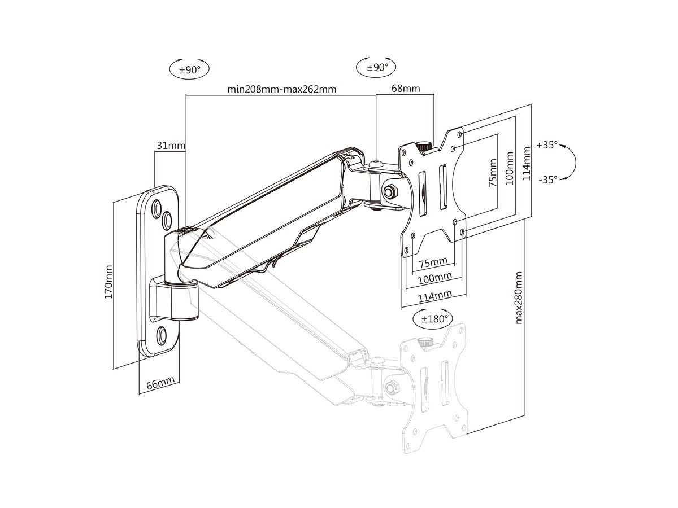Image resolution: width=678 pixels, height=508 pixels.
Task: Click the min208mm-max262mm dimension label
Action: [x=282, y=89]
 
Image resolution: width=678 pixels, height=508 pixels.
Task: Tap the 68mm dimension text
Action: [x=405, y=89]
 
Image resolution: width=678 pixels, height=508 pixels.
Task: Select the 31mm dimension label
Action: [x=170, y=146]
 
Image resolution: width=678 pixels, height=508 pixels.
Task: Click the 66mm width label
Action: [x=160, y=384]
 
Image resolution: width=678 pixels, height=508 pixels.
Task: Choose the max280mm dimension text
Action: [x=519, y=297]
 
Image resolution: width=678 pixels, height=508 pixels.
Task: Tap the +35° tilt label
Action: [x=547, y=144]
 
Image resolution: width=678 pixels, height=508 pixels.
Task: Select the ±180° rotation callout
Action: [x=434, y=318]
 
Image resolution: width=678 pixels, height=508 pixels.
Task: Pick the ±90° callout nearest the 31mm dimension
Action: [x=190, y=70]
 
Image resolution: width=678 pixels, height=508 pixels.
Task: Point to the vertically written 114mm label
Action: [x=527, y=164]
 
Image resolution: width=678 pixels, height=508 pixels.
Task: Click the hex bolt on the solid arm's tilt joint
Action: [x=390, y=191]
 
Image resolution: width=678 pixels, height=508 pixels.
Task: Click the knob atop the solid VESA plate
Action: [x=423, y=146]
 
